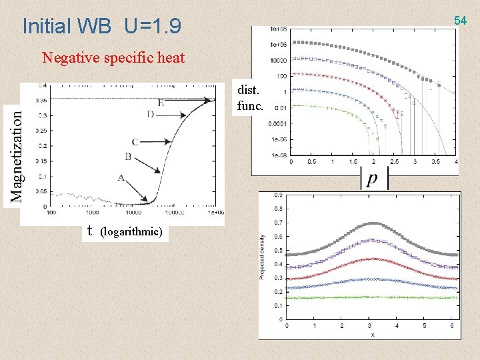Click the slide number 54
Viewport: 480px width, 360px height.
pos(461,21)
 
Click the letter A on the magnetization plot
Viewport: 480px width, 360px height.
pos(121,178)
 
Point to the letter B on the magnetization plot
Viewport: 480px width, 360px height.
pos(128,157)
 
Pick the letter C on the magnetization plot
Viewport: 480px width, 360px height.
pos(135,142)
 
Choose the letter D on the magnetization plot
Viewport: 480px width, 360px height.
pos(151,115)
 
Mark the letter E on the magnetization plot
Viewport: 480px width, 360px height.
pos(161,103)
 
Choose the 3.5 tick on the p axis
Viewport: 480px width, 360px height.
pos(435,162)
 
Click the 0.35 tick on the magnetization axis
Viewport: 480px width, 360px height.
pos(41,100)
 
